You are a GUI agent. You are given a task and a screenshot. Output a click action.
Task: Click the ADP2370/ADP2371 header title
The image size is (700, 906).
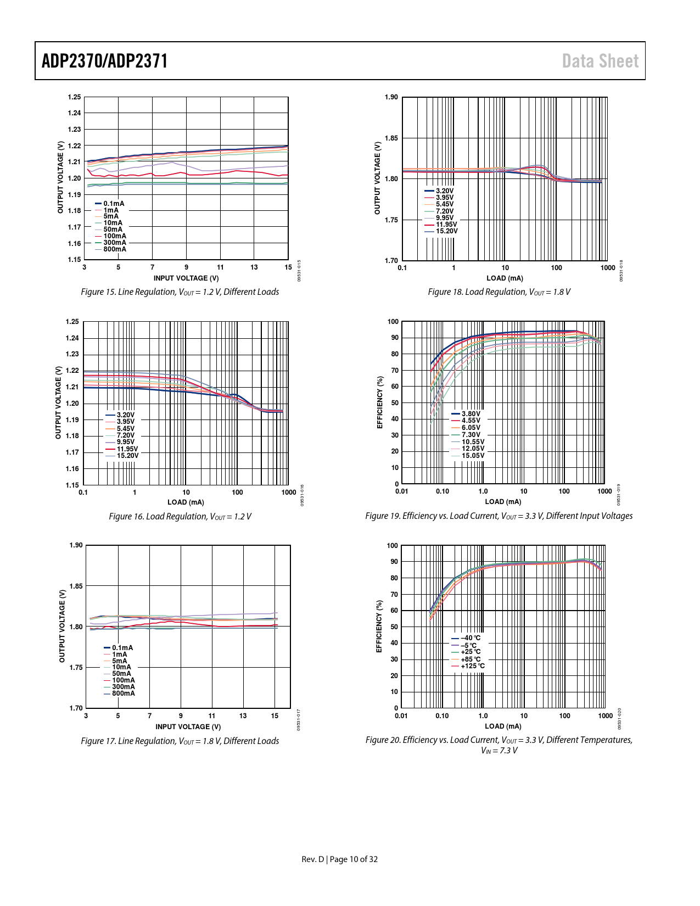[x=104, y=61]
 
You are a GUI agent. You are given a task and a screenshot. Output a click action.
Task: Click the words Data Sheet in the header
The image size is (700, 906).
[x=600, y=61]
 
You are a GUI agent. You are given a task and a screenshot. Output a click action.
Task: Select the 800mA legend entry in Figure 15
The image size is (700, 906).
[x=114, y=249]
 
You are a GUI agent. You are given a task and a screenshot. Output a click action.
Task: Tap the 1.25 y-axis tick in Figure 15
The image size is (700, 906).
[x=74, y=97]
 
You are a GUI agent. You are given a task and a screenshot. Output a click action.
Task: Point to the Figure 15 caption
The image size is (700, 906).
[x=180, y=292]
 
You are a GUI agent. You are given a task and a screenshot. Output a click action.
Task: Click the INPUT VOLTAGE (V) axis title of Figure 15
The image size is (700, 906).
[x=186, y=278]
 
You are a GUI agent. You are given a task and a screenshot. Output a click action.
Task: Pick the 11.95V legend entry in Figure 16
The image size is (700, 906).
[x=127, y=449]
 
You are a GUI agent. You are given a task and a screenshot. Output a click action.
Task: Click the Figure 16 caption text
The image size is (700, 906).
[x=180, y=517]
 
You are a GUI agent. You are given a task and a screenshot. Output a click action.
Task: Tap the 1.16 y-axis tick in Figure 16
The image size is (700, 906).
[x=72, y=469]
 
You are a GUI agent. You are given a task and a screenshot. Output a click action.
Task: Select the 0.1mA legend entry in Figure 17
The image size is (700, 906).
[x=122, y=648]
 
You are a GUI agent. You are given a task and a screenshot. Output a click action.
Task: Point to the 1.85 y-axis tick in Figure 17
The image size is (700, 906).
[x=76, y=586]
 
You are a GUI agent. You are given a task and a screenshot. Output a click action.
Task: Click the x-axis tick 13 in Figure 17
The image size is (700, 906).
[x=243, y=716]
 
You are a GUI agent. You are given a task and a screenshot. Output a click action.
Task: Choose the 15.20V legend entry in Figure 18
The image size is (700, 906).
[x=446, y=231]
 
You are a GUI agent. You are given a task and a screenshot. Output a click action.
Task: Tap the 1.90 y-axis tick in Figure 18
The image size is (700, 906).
[x=391, y=97]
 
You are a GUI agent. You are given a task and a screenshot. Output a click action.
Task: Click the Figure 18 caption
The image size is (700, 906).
[x=499, y=292]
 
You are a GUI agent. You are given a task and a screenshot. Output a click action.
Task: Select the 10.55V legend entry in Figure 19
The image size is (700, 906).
[x=472, y=442]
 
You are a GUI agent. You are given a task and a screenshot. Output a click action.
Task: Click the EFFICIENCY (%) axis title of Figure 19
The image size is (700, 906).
[x=379, y=402]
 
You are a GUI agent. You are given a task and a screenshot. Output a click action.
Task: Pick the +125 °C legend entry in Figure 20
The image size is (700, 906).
[x=472, y=666]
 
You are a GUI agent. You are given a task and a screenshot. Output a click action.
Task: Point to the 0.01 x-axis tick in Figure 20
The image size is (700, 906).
[x=401, y=716]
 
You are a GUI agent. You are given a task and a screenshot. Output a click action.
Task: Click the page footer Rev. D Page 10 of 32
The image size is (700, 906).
[x=339, y=859]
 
